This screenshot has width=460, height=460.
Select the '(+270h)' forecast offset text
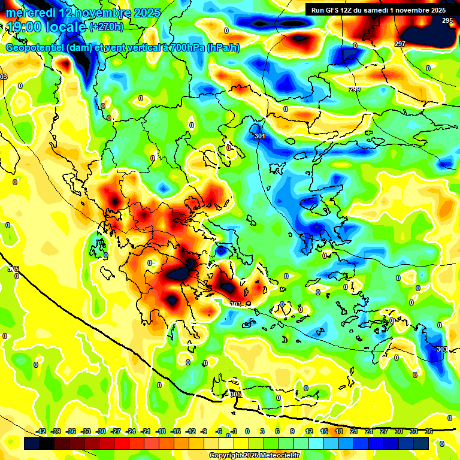(x=107, y=26)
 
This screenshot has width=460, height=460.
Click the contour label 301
(x=259, y=137)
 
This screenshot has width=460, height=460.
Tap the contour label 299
(x=355, y=89)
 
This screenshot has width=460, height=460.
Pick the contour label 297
(x=400, y=44)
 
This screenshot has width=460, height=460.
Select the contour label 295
(x=447, y=20)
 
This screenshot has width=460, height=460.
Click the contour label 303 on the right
(x=441, y=349)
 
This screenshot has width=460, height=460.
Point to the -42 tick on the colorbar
(x=41, y=431)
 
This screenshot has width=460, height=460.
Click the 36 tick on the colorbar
(x=429, y=431)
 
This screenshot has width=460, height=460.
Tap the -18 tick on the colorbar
(x=161, y=431)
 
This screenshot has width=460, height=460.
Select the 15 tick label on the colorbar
(x=324, y=431)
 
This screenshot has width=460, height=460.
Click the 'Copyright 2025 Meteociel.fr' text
(x=254, y=455)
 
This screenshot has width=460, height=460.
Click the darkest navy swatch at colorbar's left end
(x=32, y=443)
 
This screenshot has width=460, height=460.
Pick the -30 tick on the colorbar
(x=101, y=431)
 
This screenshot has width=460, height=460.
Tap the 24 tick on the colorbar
(x=369, y=431)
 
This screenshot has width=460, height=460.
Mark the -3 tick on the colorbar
(x=234, y=431)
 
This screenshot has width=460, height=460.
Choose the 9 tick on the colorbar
(x=292, y=431)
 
